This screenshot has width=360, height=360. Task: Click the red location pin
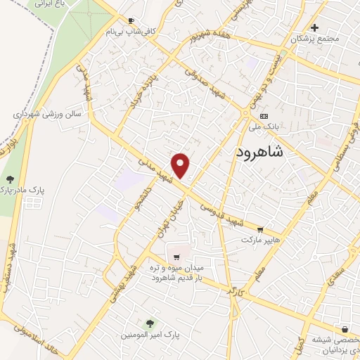coord(181,165)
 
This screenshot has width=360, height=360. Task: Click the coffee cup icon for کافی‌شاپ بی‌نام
coord(131,21)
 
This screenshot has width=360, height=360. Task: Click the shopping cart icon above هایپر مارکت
coord(261,230)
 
